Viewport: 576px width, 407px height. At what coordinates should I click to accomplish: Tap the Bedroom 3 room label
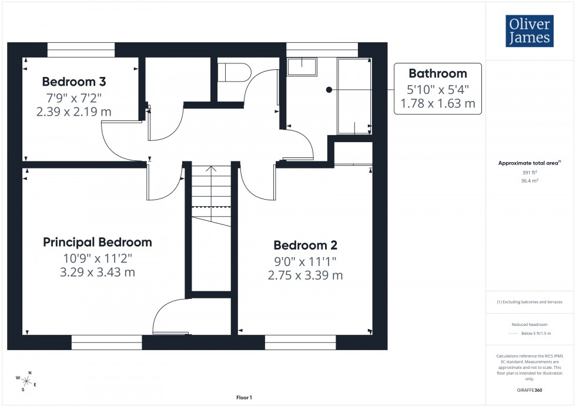click(x=73, y=82)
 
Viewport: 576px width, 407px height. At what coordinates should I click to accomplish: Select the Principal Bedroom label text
click(x=98, y=242)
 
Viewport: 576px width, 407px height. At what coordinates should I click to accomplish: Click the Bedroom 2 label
click(x=305, y=245)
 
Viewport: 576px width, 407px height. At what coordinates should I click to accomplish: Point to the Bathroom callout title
click(x=437, y=73)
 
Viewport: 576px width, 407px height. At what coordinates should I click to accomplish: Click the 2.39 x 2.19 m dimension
click(x=73, y=112)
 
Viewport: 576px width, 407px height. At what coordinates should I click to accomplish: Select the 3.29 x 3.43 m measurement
click(x=98, y=273)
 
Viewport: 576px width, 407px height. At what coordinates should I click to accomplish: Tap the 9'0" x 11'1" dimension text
click(x=305, y=261)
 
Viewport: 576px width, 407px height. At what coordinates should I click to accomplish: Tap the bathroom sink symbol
click(x=302, y=66)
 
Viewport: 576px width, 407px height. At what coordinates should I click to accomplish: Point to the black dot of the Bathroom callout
click(x=329, y=90)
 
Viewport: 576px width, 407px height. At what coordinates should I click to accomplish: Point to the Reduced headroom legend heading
click(x=530, y=325)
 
